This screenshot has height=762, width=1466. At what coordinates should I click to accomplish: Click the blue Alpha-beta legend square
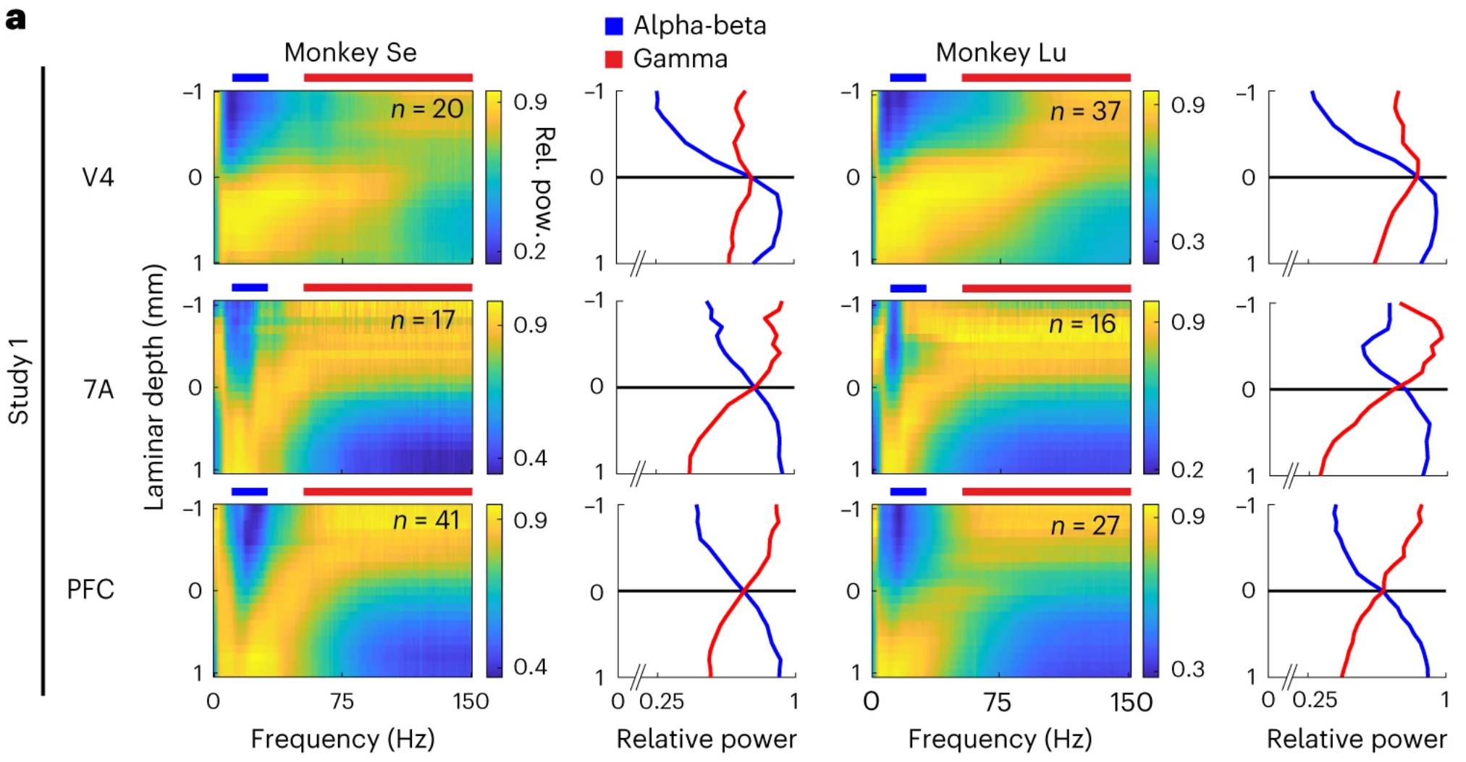coord(613,26)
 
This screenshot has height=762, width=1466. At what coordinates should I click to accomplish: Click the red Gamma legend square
coord(613,59)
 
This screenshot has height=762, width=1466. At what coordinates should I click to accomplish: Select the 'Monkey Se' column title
coord(350,53)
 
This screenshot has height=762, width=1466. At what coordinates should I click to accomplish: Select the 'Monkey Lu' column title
coord(1000,53)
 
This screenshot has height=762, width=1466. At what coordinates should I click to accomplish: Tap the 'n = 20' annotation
coord(426,109)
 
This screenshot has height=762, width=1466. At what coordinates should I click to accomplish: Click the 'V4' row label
coord(98,177)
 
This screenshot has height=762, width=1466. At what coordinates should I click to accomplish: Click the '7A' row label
coord(98,389)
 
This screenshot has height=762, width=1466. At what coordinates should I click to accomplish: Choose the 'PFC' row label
coord(90,590)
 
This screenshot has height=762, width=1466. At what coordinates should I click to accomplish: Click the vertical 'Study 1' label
coord(18,381)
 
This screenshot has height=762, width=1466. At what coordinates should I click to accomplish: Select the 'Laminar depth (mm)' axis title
coord(154,387)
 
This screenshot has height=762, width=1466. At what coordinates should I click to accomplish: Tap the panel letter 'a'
coord(15,19)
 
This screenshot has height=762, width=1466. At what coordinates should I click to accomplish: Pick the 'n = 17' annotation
coord(423,321)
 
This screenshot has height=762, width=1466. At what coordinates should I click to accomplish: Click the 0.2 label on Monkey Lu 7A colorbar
coord(1187,470)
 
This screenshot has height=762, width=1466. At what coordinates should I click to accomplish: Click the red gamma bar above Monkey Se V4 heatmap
coord(388,77)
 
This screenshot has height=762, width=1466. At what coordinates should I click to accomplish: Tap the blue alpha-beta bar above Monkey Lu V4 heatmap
coord(908,77)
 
